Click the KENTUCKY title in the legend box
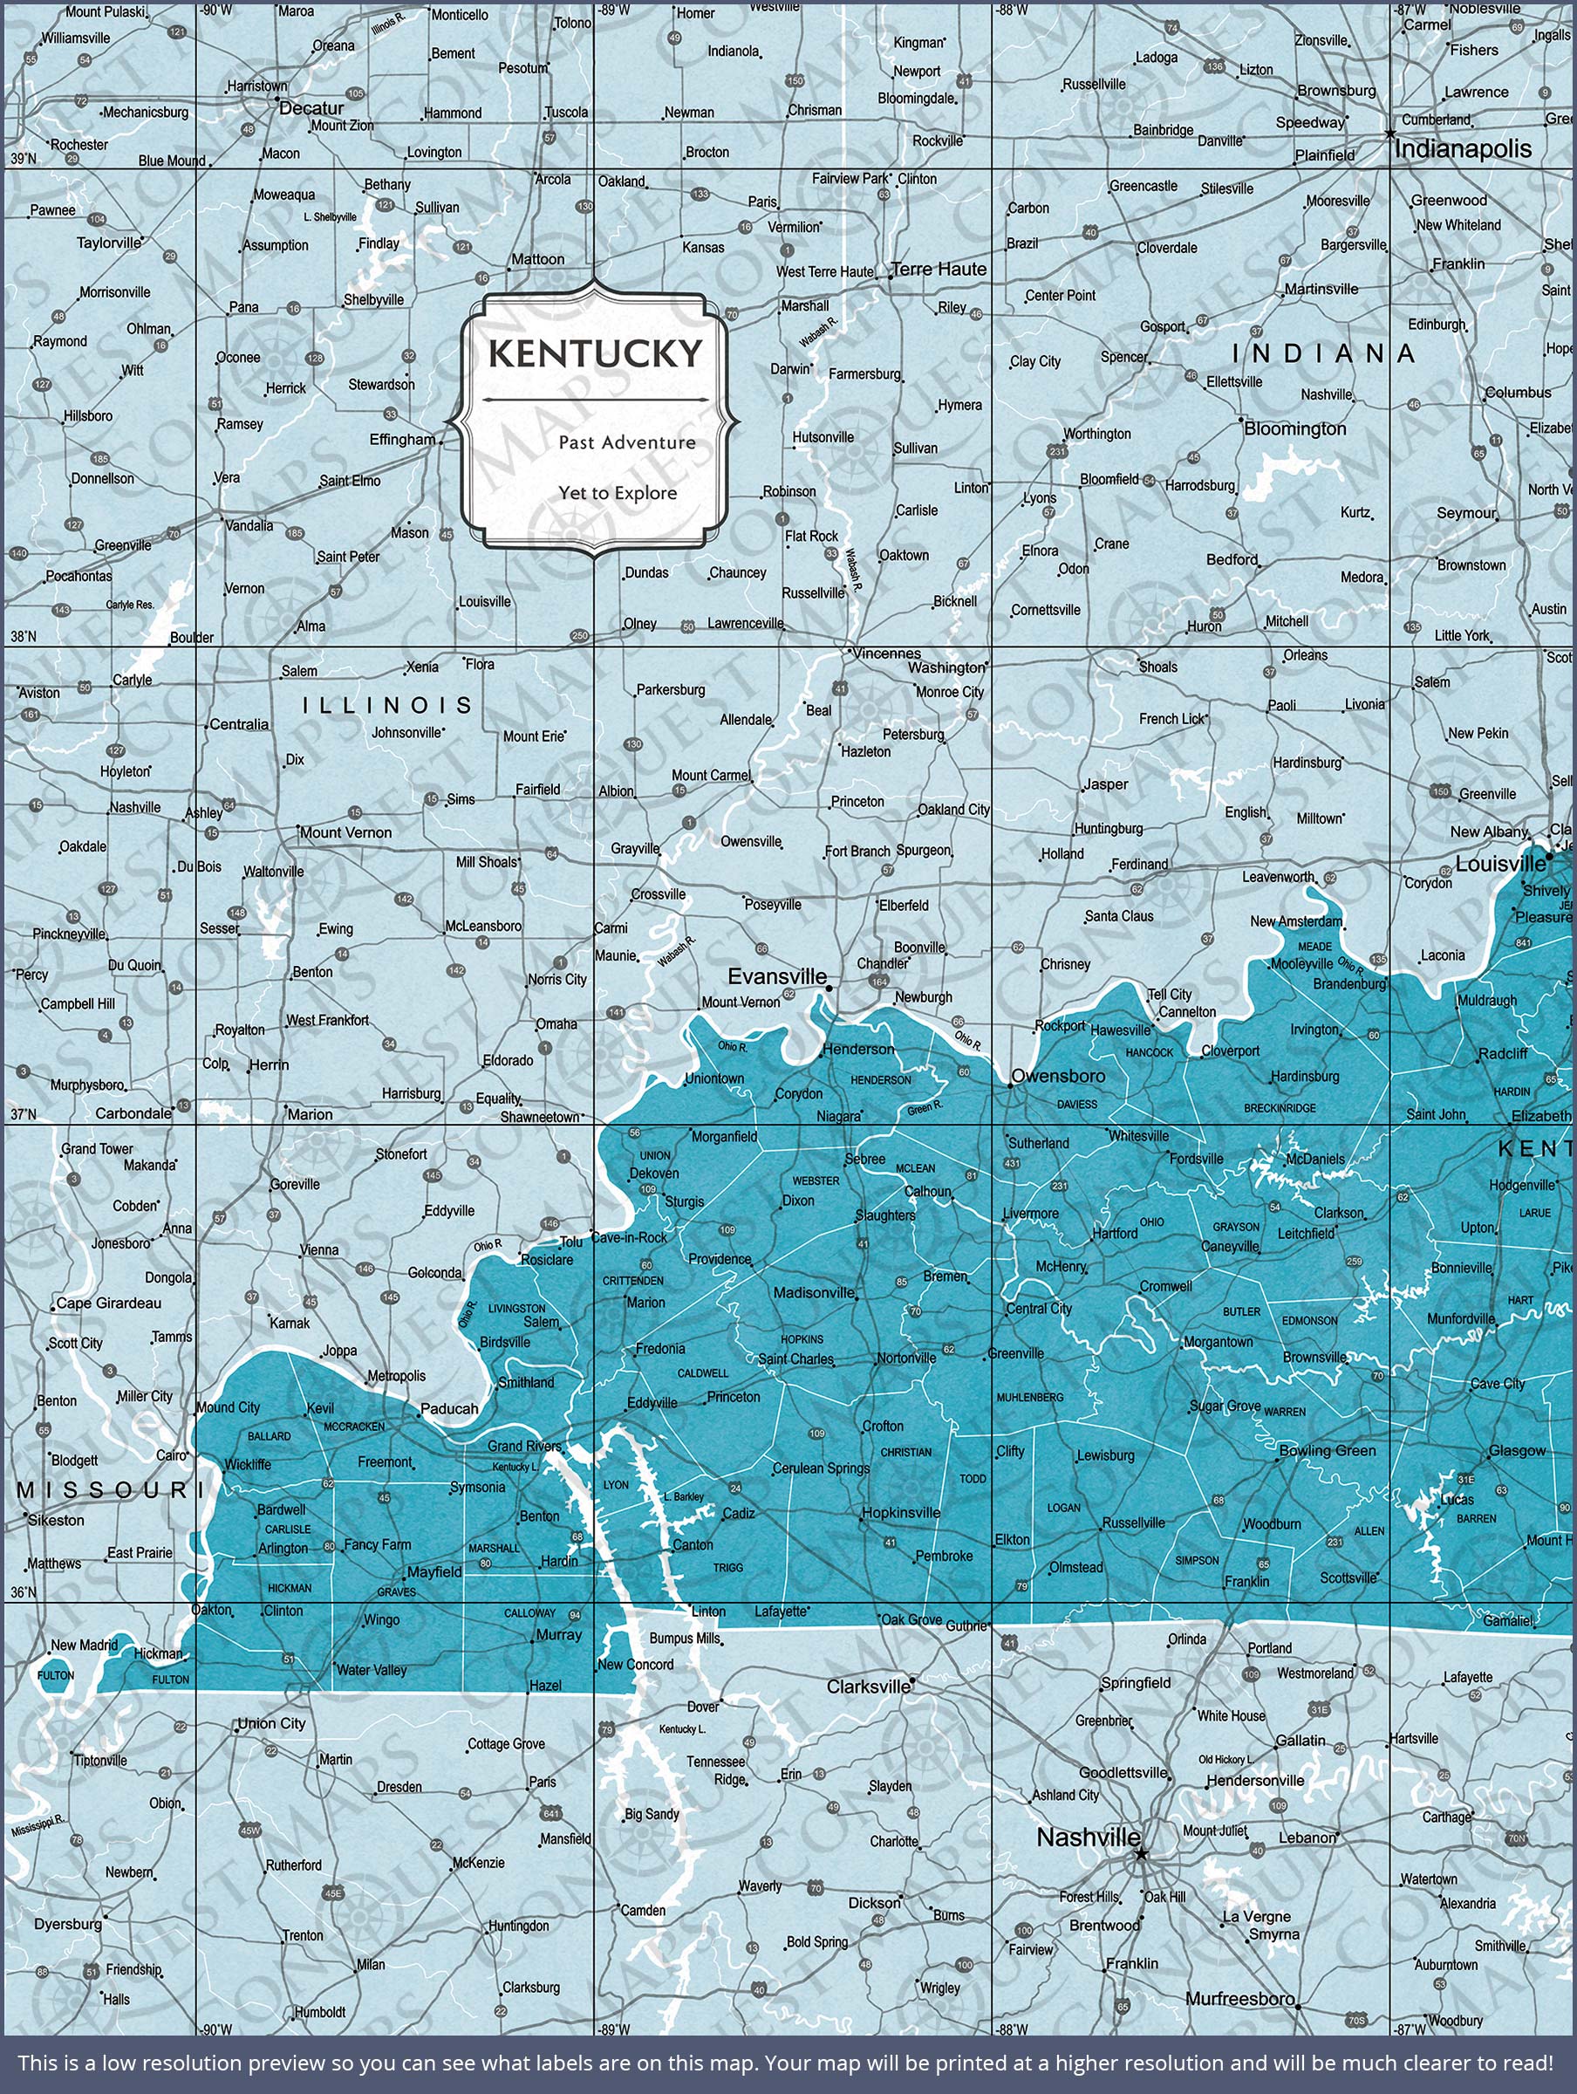(596, 353)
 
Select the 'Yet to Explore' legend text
(618, 492)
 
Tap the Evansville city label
(776, 976)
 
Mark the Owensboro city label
(1057, 1076)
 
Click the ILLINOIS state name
(387, 705)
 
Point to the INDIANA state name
(1323, 353)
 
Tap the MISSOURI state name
(104, 1490)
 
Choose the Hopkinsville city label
(900, 1513)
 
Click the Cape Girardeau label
(108, 1303)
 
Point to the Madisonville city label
(814, 1293)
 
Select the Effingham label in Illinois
(401, 439)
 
